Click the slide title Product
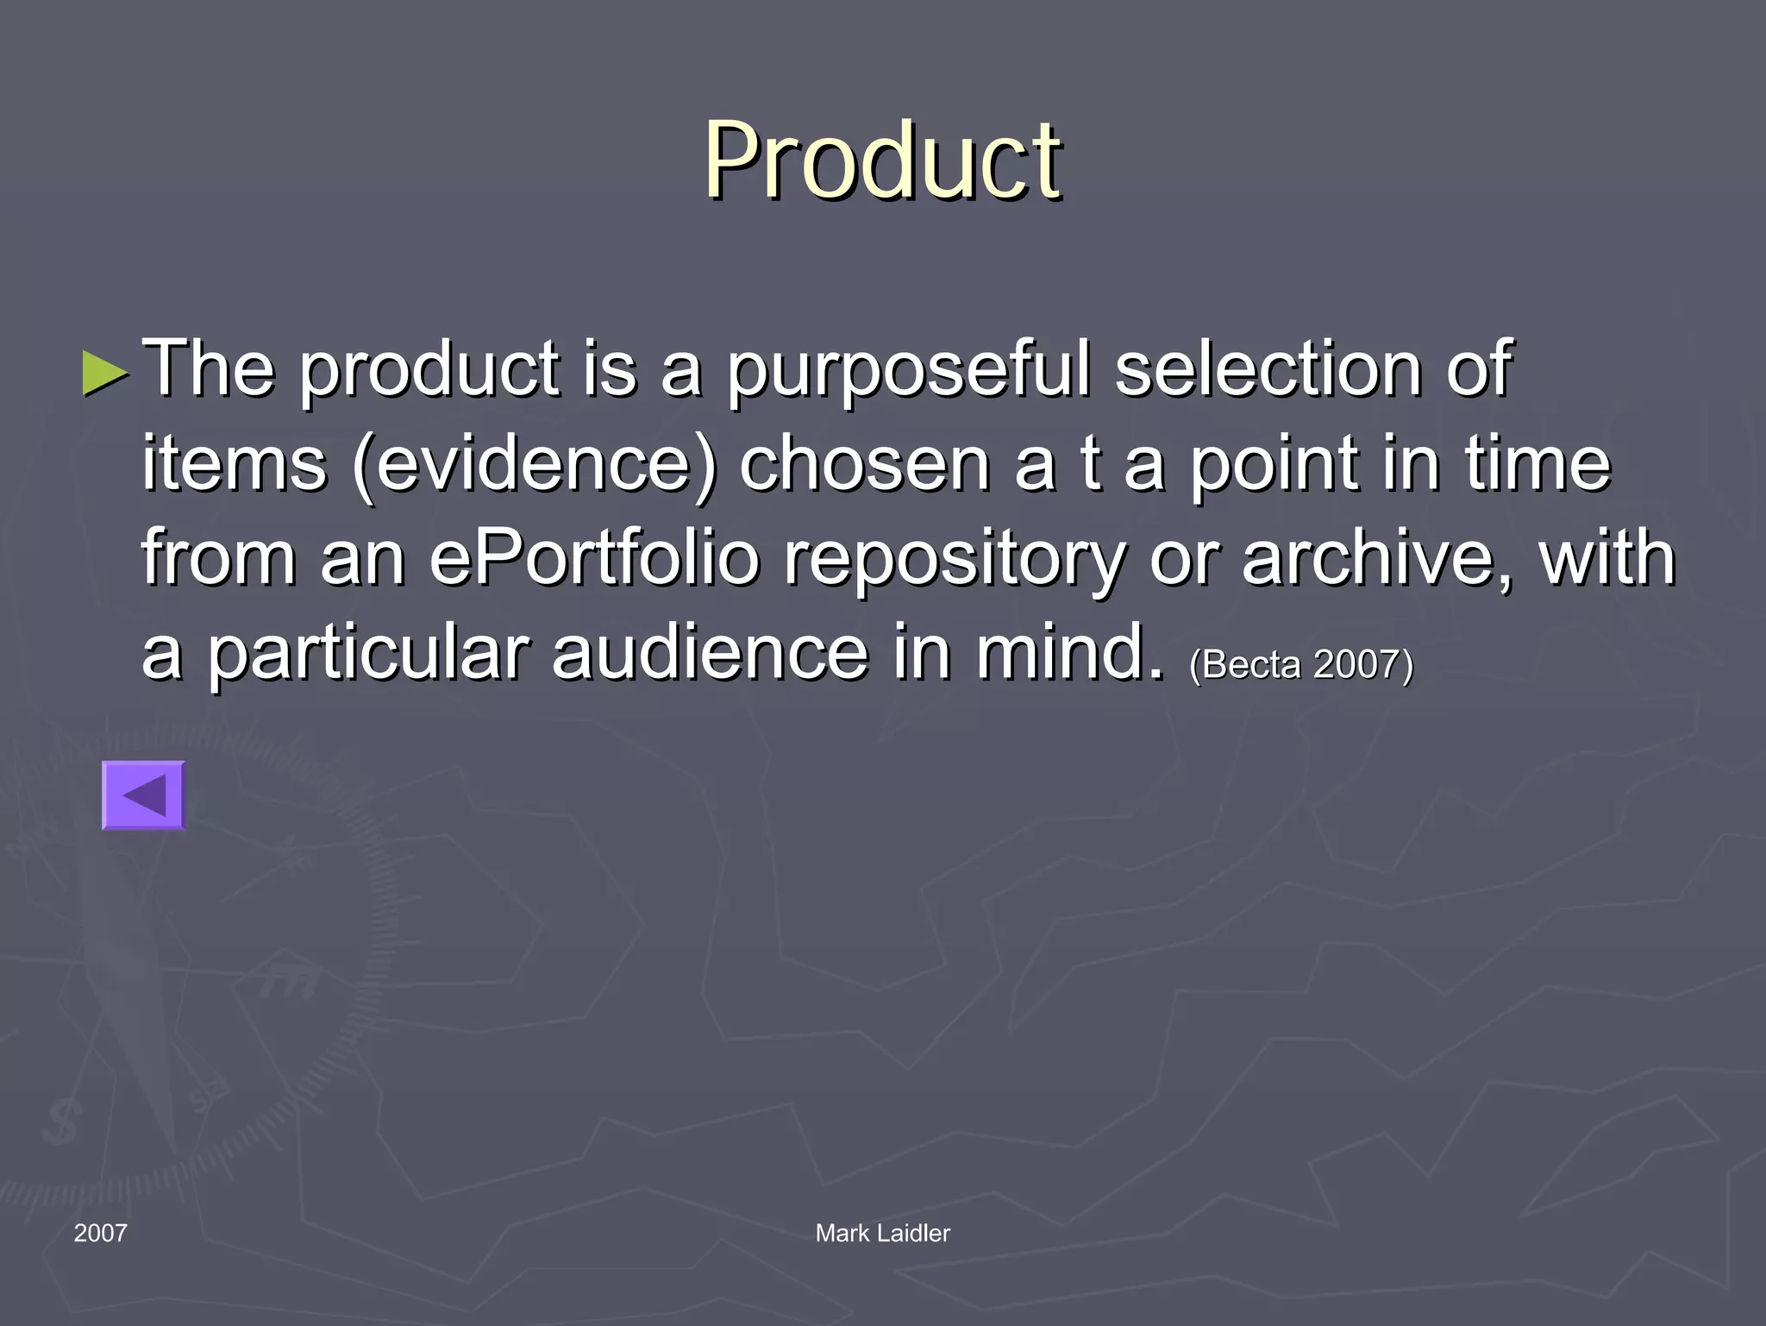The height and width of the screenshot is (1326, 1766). pyautogui.click(x=883, y=160)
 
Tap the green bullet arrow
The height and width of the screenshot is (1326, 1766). pyautogui.click(x=105, y=373)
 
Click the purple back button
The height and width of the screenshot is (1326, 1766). pyautogui.click(x=144, y=795)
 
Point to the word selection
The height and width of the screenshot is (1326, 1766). pyautogui.click(x=1268, y=369)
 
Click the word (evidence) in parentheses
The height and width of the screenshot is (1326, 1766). pyautogui.click(x=535, y=466)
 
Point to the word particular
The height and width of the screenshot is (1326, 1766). pyautogui.click(x=366, y=654)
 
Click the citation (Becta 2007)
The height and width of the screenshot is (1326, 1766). pyautogui.click(x=1301, y=664)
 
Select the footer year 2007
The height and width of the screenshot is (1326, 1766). pyautogui.click(x=100, y=1233)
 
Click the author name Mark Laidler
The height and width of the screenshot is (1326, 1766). pyautogui.click(x=882, y=1233)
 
